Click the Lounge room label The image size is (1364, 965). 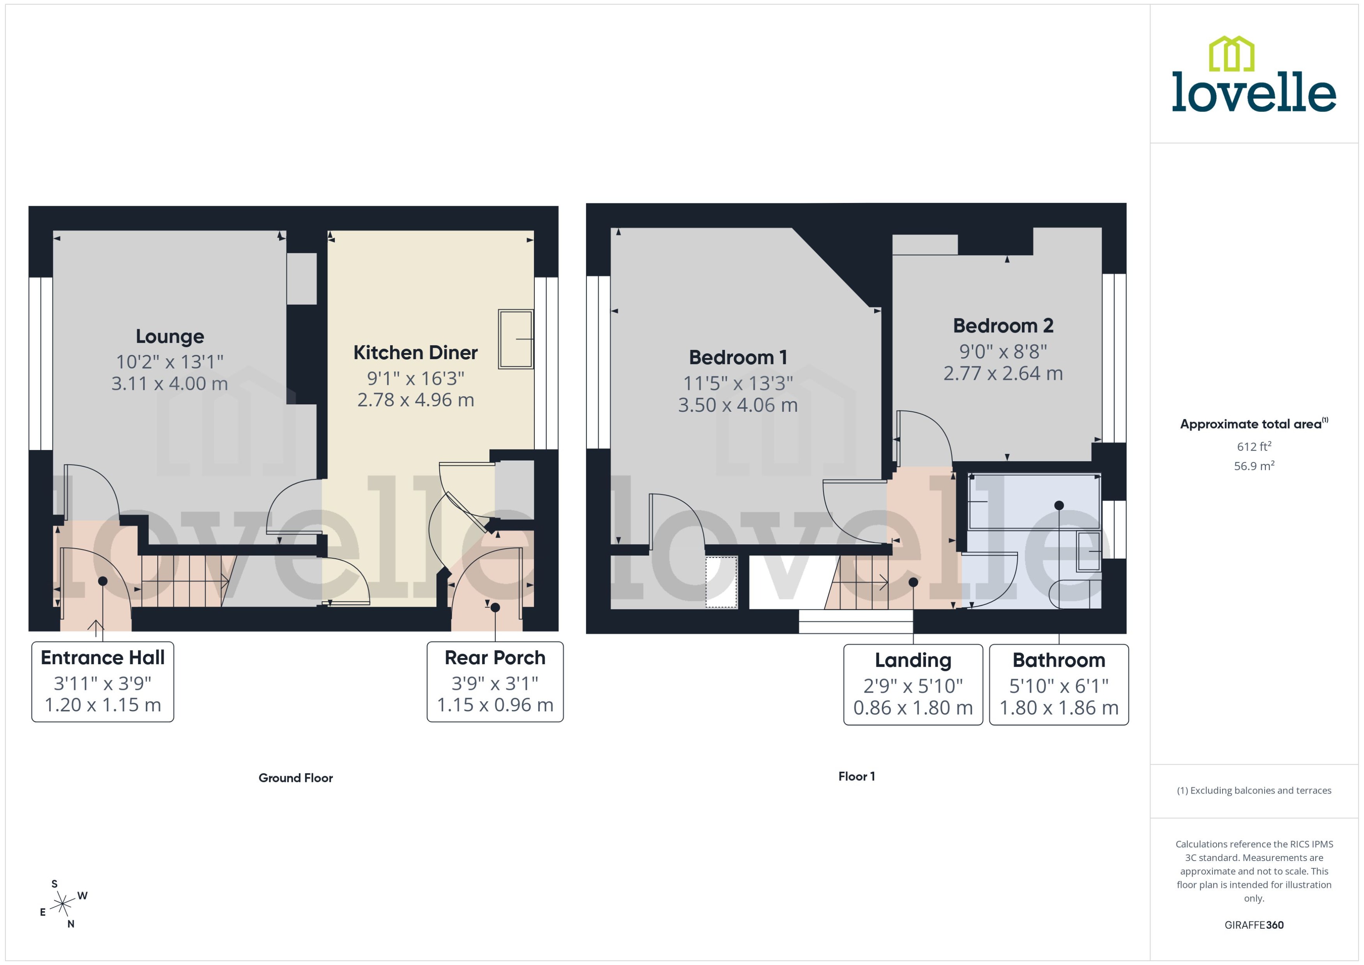pyautogui.click(x=170, y=336)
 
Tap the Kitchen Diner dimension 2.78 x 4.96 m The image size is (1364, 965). pyautogui.click(x=415, y=400)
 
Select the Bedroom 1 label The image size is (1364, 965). pyautogui.click(x=738, y=358)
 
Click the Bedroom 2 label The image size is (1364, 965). pyautogui.click(x=1003, y=326)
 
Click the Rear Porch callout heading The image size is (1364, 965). pyautogui.click(x=495, y=658)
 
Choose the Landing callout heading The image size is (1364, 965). pyautogui.click(x=912, y=660)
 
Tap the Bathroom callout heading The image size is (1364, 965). pyautogui.click(x=1058, y=660)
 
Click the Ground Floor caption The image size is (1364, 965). pyautogui.click(x=295, y=778)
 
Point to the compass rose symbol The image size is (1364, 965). pyautogui.click(x=62, y=904)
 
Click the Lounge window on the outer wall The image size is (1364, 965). pyautogui.click(x=41, y=363)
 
